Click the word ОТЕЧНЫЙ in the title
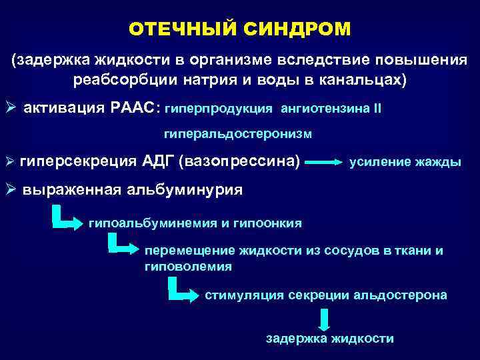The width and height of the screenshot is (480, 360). pos(179,29)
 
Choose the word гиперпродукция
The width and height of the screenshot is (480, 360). pos(218,108)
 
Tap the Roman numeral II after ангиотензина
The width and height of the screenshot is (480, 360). pos(378,108)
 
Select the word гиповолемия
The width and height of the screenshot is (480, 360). pos(188,266)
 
